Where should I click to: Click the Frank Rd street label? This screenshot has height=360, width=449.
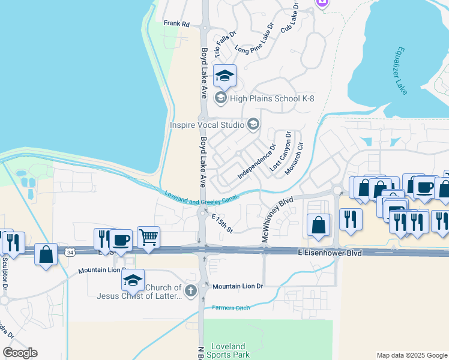pyautogui.click(x=176, y=24)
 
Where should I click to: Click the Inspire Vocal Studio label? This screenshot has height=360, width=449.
pyautogui.click(x=207, y=125)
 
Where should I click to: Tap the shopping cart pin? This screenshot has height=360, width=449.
pyautogui.click(x=149, y=237)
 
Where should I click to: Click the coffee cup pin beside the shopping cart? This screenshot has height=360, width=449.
pyautogui.click(x=121, y=239)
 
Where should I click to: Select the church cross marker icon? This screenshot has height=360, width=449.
pyautogui.click(x=191, y=292)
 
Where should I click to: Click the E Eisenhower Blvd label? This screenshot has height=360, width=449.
pyautogui.click(x=330, y=254)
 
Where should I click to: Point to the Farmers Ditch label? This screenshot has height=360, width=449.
pyautogui.click(x=230, y=308)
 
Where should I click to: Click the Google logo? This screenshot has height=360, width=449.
pyautogui.click(x=20, y=353)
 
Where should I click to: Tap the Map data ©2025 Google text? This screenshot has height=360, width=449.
pyautogui.click(x=411, y=355)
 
